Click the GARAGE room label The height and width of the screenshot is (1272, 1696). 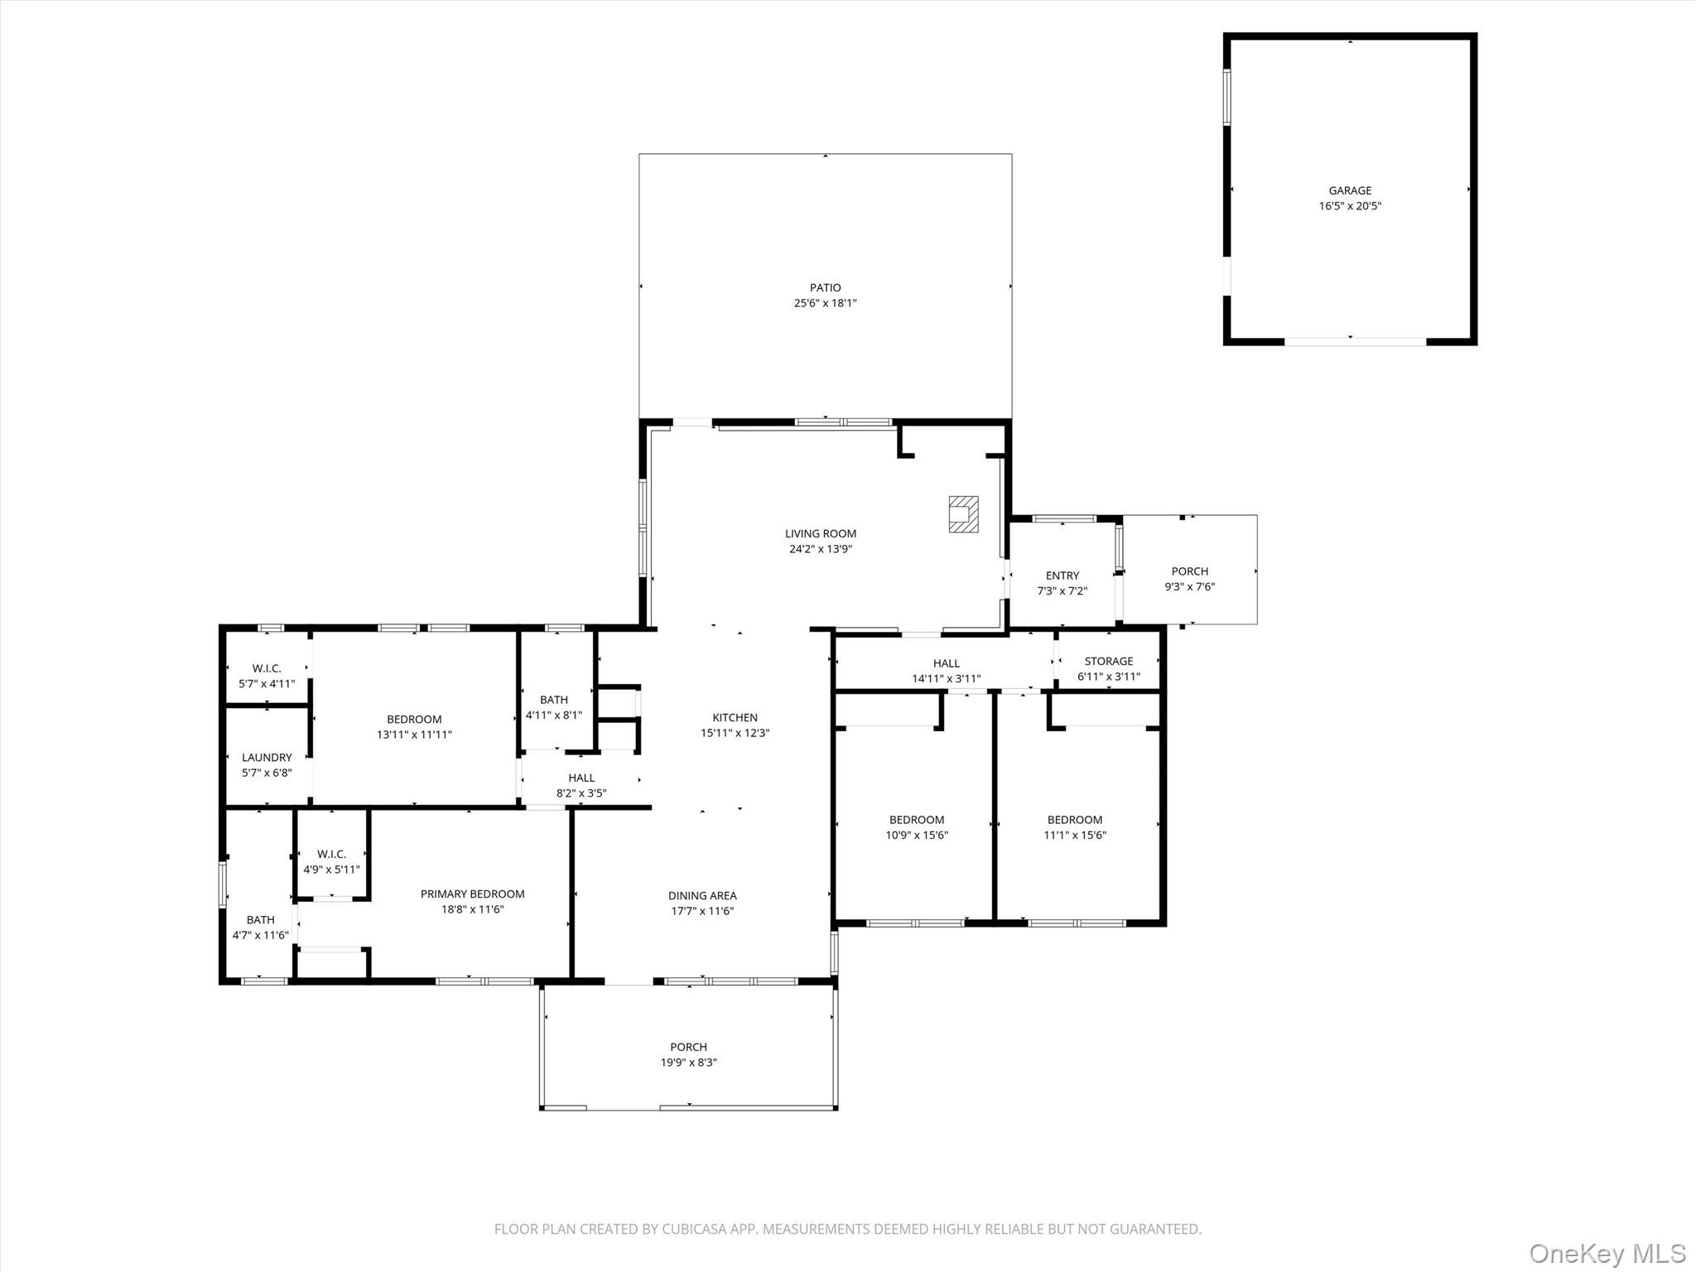click(x=1350, y=190)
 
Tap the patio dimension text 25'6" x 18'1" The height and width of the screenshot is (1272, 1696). click(x=825, y=303)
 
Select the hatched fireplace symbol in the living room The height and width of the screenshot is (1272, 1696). click(x=963, y=513)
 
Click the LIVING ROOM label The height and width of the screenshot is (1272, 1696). click(x=821, y=534)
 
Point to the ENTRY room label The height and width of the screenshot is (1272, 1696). click(x=1062, y=576)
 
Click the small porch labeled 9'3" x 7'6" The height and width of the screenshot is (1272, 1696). click(x=1189, y=579)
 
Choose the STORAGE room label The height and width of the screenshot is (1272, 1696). click(x=1108, y=661)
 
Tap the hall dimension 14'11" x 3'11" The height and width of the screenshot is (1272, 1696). click(x=946, y=678)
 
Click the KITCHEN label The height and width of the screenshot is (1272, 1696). click(x=735, y=717)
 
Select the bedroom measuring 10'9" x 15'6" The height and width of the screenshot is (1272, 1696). click(x=916, y=827)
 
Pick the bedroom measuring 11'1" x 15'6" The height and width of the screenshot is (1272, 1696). click(x=1074, y=827)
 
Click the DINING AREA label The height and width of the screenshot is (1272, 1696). click(x=702, y=895)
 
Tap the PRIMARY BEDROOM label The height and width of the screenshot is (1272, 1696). click(x=472, y=894)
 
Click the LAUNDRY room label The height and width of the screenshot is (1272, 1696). click(x=267, y=757)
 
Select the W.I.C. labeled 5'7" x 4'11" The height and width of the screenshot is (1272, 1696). click(x=267, y=676)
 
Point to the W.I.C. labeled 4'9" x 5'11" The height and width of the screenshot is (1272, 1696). click(x=331, y=861)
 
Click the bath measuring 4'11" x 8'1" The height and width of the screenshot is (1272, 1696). click(x=553, y=707)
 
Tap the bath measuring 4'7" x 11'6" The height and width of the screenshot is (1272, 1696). click(x=260, y=927)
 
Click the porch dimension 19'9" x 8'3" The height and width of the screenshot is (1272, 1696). click(x=688, y=1062)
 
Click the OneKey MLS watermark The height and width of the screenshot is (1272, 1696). click(x=1607, y=1253)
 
